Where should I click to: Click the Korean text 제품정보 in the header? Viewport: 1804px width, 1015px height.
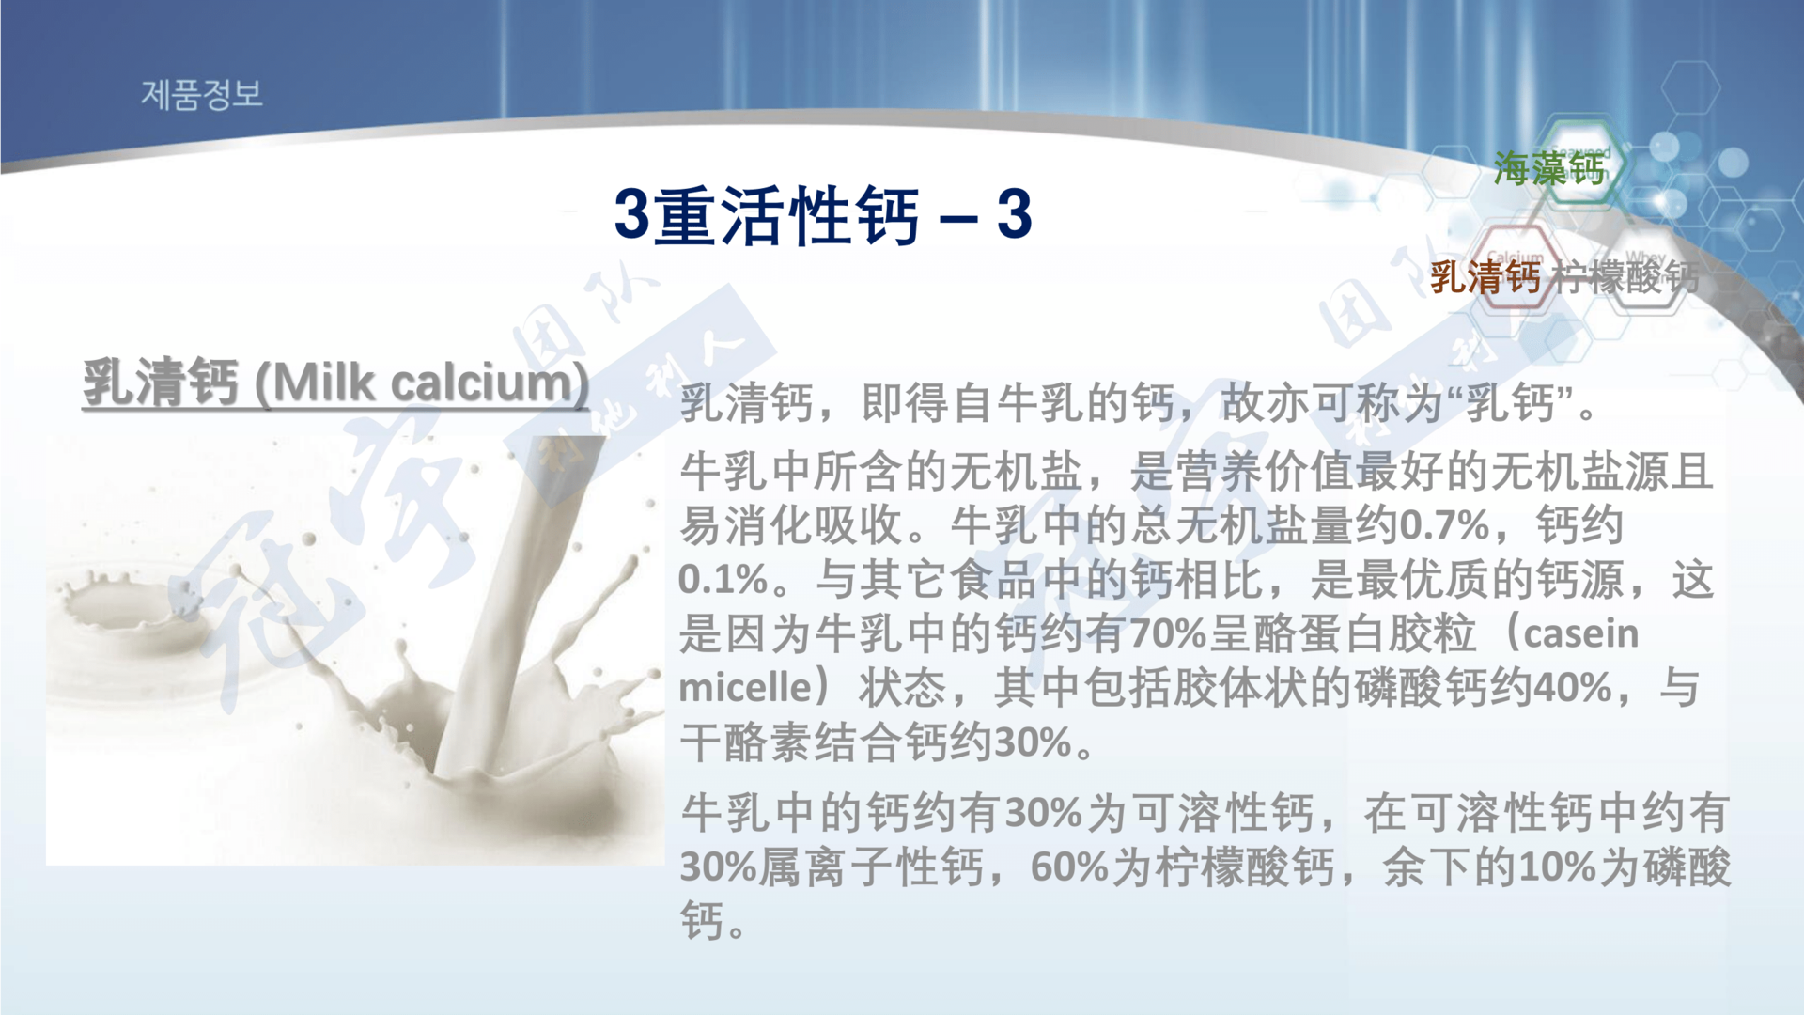[202, 94]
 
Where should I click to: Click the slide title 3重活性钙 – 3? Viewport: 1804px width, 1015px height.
[823, 215]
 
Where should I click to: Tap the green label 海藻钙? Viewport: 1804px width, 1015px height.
[1549, 169]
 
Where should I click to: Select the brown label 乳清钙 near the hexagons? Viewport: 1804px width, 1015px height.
[1485, 277]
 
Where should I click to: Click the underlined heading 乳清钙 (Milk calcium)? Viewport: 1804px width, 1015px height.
[335, 383]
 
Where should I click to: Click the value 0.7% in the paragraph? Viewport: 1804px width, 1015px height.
[1444, 524]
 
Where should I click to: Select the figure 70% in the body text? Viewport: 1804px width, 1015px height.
[1169, 633]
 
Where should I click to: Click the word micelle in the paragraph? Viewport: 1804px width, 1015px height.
[744, 688]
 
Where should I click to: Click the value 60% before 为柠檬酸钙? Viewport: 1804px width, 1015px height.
[1069, 867]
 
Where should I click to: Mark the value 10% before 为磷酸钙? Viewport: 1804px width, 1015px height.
[1558, 867]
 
